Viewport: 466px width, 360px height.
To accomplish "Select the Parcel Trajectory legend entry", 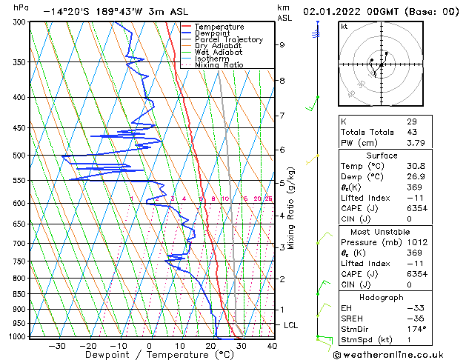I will [228, 40].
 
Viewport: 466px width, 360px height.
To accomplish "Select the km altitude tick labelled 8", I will [282, 80].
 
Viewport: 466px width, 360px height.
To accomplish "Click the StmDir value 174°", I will [416, 328].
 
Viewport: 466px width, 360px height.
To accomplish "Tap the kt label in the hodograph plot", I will [344, 26].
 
